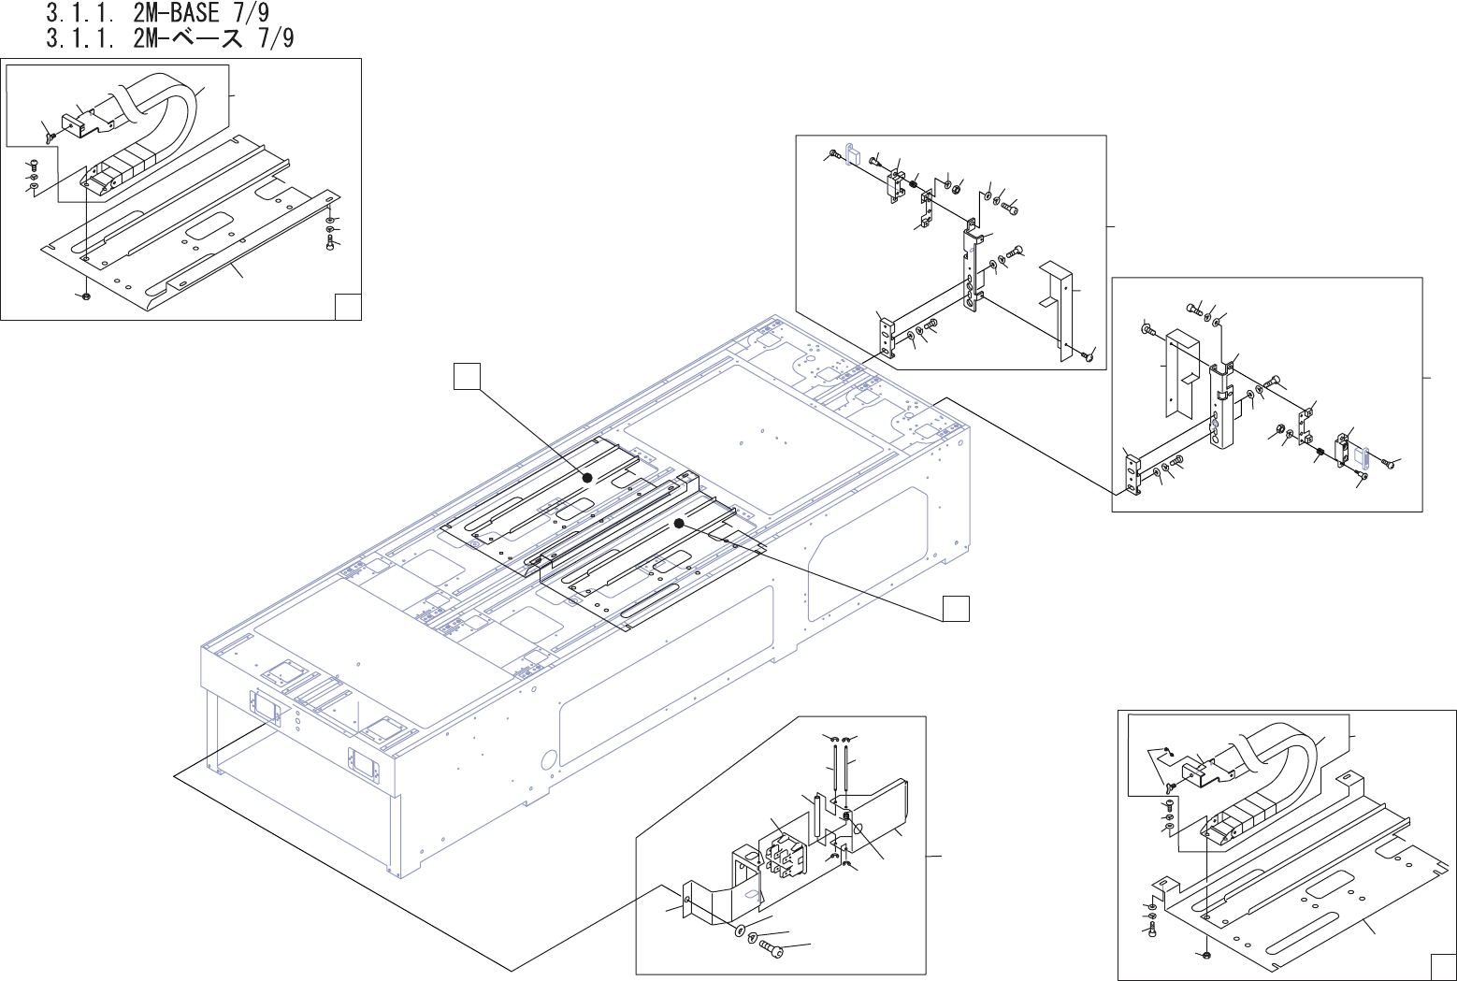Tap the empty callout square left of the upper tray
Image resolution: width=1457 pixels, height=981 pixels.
(467, 376)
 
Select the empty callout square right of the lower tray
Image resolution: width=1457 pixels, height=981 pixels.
(956, 608)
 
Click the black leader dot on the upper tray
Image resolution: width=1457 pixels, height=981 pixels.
(587, 477)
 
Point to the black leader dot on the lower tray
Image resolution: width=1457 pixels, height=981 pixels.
(679, 524)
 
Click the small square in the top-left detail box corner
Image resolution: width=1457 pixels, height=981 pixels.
(348, 307)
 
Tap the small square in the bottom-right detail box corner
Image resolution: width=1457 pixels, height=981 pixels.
(1442, 967)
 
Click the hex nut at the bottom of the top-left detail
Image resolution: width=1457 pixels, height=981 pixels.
(86, 296)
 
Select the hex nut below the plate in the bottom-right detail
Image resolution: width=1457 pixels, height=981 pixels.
(1205, 955)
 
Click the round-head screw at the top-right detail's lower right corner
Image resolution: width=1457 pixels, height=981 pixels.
(1088, 355)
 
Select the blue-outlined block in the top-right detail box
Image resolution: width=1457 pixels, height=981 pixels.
(852, 152)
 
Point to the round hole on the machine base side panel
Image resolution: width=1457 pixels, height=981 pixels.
(550, 757)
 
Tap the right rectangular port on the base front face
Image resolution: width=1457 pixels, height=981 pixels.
(364, 763)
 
